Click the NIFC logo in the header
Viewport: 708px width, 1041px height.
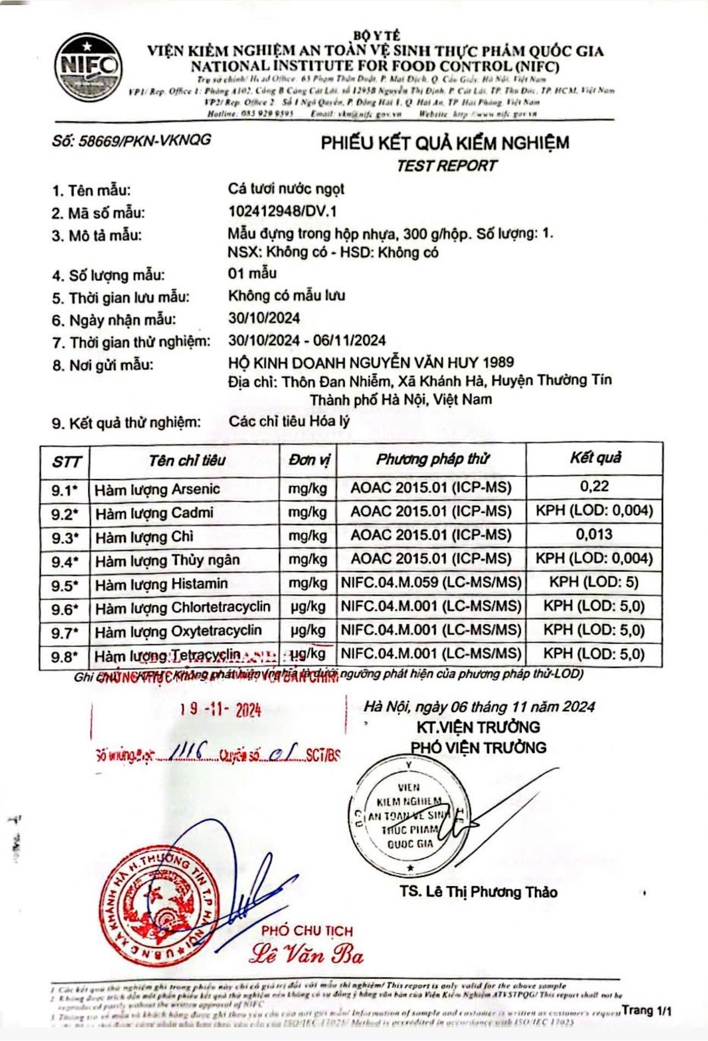88,67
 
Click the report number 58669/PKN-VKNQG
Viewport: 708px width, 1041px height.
132,140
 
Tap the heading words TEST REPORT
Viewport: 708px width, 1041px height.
447,166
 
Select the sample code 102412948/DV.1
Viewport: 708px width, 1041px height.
282,211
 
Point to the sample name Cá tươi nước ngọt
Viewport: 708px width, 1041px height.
286,189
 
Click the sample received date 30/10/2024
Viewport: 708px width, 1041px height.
264,318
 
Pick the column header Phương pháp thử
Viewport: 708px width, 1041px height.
432,459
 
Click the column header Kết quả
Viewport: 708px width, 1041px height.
595,458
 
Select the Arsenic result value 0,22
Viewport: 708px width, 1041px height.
594,486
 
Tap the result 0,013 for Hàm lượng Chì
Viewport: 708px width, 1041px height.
594,534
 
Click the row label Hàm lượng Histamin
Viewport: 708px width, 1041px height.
161,584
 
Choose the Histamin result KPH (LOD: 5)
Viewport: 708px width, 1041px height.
594,582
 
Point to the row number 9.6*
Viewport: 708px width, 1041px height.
65,609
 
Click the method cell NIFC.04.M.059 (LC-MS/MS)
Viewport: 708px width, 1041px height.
431,582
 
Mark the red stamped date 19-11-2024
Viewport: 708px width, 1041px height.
220,710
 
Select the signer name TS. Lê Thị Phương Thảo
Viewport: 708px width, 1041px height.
478,892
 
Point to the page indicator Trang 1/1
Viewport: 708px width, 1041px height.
647,1010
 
